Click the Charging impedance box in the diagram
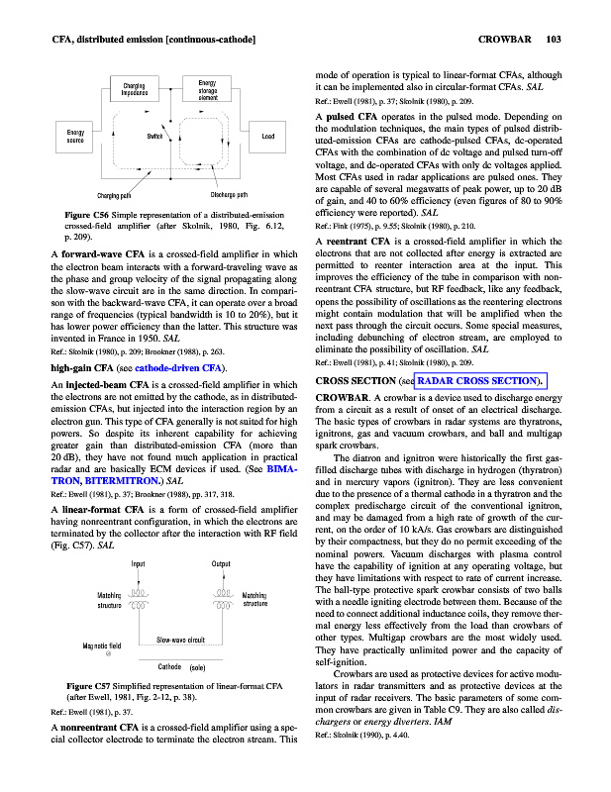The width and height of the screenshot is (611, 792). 136,91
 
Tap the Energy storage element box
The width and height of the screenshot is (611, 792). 208,91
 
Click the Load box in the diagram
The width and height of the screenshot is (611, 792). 267,136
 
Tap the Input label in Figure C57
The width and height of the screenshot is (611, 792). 139,564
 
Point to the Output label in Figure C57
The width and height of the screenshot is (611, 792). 222,564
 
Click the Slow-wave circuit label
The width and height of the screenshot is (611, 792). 181,639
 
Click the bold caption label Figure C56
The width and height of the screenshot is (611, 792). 86,215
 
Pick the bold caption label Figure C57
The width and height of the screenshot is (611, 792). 86,685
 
